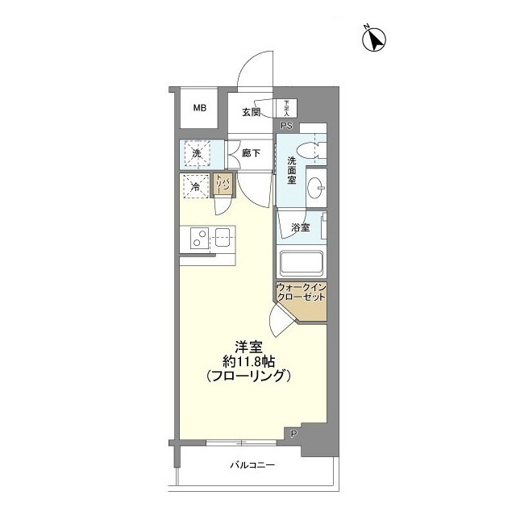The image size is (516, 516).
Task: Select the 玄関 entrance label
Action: (250, 112)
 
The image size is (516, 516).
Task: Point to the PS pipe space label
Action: (286, 125)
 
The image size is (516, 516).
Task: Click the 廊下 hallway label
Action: (250, 152)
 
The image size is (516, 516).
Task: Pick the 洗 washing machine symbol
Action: (196, 152)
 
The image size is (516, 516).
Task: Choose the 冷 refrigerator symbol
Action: (195, 187)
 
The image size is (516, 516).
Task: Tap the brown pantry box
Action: (223, 185)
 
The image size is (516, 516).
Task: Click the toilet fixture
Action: (310, 149)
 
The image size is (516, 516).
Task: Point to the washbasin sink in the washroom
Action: (317, 185)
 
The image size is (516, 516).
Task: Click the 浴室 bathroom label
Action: (300, 228)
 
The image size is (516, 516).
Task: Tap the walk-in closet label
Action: (301, 293)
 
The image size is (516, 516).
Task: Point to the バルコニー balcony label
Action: (252, 465)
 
